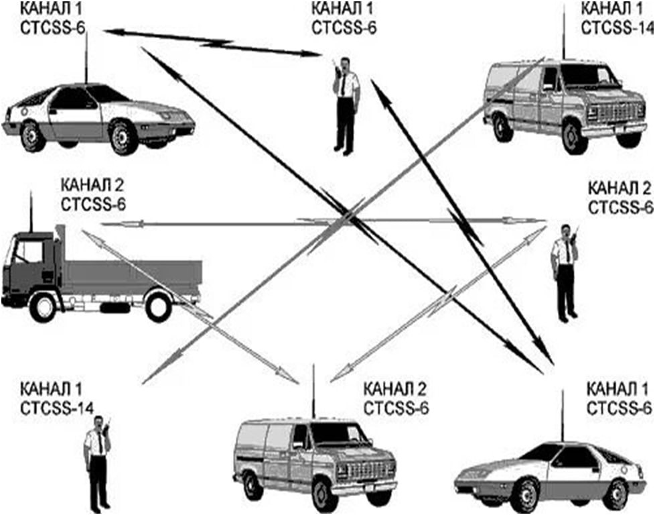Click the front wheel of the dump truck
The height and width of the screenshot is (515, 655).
[x=44, y=307]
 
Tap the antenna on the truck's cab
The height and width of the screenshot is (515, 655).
[x=31, y=211]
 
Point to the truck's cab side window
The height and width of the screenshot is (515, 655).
[x=27, y=251]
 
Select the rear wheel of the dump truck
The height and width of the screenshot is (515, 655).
[x=159, y=306]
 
